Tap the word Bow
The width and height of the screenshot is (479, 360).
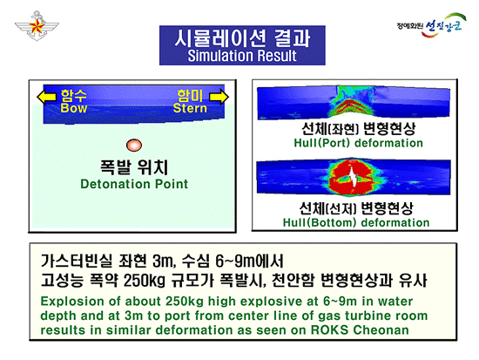[x=75, y=109]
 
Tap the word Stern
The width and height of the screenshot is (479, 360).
[x=190, y=109]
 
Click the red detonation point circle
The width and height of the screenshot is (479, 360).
[x=132, y=145]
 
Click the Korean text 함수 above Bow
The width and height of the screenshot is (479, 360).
[x=75, y=94]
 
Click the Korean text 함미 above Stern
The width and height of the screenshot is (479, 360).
[x=190, y=94]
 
